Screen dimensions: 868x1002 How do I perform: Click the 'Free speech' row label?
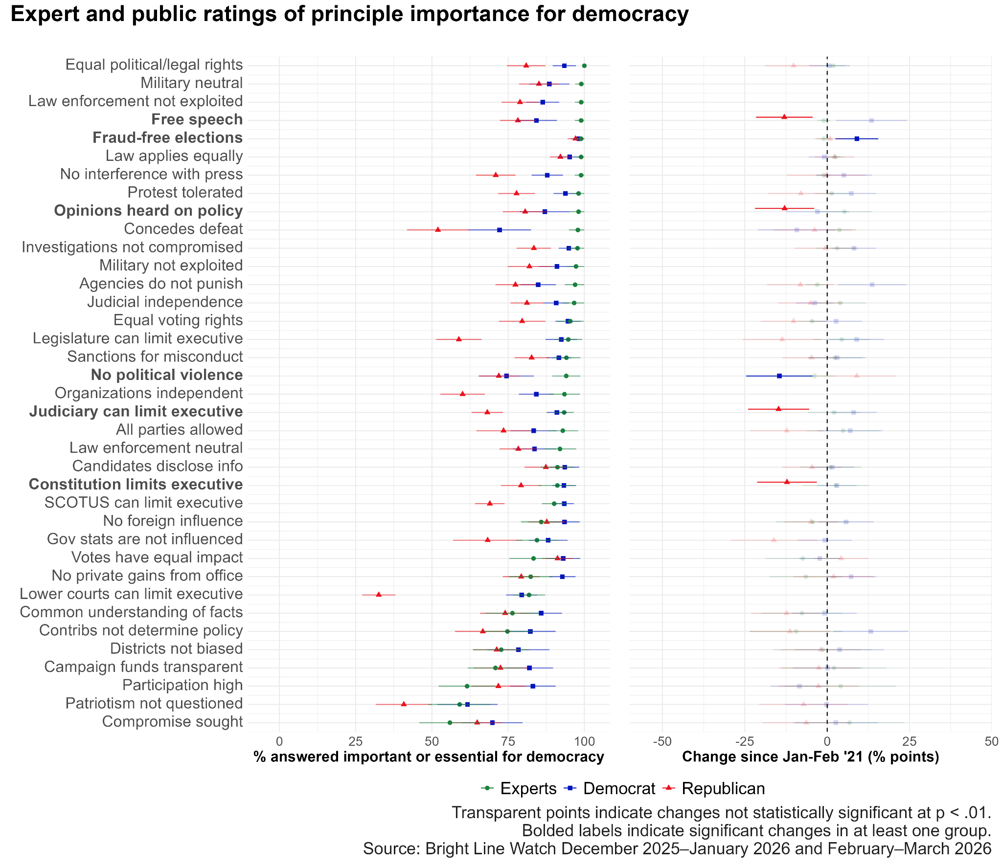click(197, 119)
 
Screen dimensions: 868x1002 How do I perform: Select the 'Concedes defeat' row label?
click(183, 229)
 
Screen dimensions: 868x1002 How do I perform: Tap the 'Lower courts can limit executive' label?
click(131, 594)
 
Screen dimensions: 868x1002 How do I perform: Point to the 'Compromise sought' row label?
click(172, 721)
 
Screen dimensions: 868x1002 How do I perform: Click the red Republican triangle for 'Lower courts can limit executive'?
click(379, 594)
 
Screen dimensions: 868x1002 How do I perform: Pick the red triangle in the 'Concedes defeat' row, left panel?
click(438, 229)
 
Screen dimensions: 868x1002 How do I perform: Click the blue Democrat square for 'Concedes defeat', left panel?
click(500, 230)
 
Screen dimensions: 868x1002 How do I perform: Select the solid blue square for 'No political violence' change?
click(779, 376)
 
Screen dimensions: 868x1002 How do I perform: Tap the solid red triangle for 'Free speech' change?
click(784, 117)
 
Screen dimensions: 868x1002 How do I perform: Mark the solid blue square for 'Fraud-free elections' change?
click(857, 139)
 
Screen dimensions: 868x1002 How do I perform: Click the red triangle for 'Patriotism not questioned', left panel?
click(404, 704)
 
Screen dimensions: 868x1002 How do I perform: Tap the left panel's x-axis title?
click(429, 757)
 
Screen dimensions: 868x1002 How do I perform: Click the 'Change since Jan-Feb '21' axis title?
click(810, 757)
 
